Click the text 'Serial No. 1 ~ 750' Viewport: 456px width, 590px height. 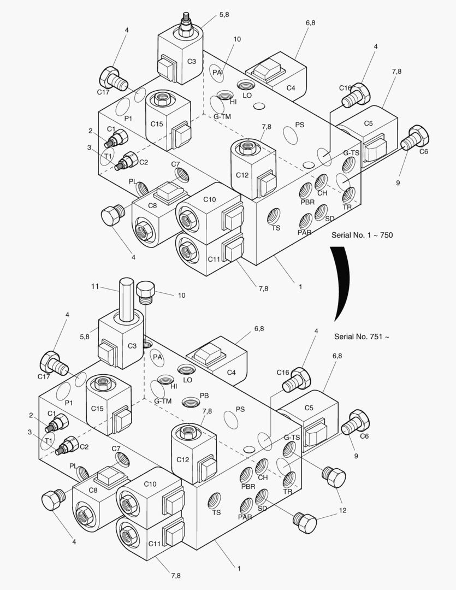(362, 235)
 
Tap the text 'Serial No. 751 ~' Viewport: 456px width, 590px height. (362, 337)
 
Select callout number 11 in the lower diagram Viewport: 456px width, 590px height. (94, 286)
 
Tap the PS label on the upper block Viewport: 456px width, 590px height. (299, 125)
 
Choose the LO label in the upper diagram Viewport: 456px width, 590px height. (247, 95)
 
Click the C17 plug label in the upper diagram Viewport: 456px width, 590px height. (104, 92)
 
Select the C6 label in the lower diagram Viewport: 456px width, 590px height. (364, 436)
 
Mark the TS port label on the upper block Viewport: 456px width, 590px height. (276, 228)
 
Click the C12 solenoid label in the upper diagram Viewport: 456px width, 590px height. (242, 175)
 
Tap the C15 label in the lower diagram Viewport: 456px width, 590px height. (97, 409)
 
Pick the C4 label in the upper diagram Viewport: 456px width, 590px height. (291, 87)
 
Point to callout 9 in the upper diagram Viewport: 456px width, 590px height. (398, 182)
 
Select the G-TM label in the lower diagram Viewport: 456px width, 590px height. (163, 401)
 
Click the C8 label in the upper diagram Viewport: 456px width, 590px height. (152, 206)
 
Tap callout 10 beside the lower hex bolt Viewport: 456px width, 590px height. (181, 295)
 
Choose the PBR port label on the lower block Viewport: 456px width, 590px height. (248, 486)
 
